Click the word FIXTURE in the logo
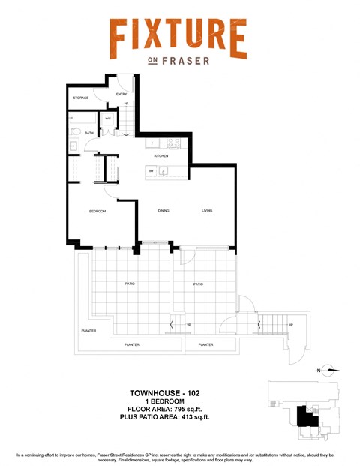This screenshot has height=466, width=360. (178, 37)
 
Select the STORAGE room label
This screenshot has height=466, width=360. (80, 98)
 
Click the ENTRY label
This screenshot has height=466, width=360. (121, 94)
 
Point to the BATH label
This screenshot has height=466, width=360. (89, 134)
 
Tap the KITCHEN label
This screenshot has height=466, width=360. (161, 156)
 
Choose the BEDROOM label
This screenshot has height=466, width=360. (97, 212)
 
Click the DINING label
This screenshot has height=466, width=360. (163, 211)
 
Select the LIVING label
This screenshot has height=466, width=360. (207, 211)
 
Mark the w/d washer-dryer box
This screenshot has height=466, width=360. (108, 118)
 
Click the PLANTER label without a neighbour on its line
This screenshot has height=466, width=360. (88, 331)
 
